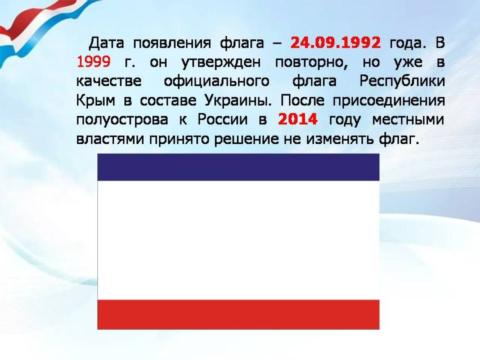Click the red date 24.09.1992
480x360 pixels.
point(335,43)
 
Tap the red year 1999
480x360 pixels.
point(93,62)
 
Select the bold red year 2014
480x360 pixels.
point(298,119)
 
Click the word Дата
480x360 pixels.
point(106,43)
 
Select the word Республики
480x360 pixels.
point(402,82)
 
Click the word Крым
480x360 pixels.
point(96,101)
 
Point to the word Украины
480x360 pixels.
point(238,101)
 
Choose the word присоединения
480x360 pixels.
point(389,101)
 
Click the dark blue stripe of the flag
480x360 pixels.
point(239,167)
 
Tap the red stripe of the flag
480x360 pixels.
point(239,314)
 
